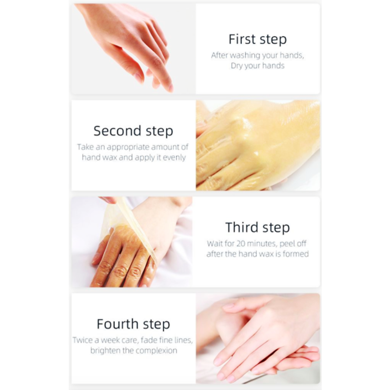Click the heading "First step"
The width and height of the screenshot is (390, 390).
[x=257, y=39]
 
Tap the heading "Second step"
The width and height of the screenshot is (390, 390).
[x=133, y=131]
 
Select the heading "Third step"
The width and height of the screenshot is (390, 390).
[x=257, y=228]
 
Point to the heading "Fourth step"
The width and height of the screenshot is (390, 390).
[x=133, y=324]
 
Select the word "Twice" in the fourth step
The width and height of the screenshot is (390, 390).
[x=83, y=340]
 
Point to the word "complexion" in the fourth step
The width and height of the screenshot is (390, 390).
[x=156, y=351]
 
